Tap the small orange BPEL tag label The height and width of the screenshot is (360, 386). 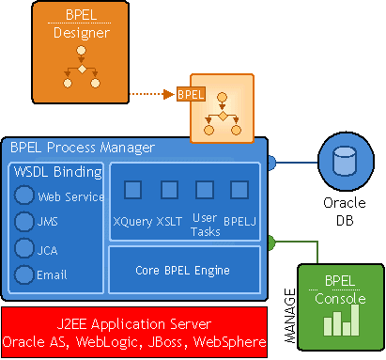pos(191,94)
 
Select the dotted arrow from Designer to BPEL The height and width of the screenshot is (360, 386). pos(149,94)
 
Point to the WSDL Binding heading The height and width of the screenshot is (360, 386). pos(55,172)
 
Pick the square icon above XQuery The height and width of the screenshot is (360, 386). pos(133,190)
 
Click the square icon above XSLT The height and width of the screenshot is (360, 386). pos(169,190)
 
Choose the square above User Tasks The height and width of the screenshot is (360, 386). pos(205,190)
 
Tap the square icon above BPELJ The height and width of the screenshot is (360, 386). pos(239,190)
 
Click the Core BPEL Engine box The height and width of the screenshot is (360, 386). pos(184,271)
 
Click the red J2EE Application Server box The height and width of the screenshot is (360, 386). pos(135,330)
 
